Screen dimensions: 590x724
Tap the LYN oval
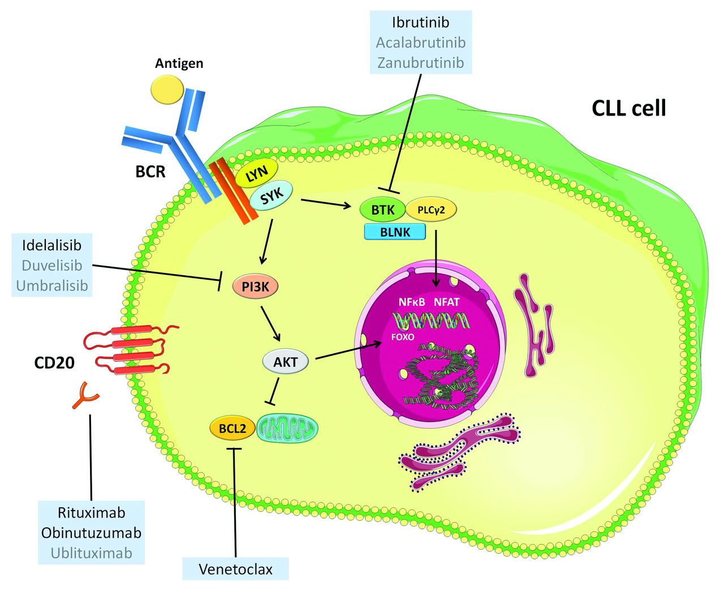pos(256,173)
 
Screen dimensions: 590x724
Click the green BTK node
pos(382,210)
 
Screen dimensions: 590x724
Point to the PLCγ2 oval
pos(431,210)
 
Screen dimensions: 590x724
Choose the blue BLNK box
pos(395,232)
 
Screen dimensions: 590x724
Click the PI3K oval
pos(256,287)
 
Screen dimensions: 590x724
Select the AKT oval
pos(286,362)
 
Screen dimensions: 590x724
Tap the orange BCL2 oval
pos(232,428)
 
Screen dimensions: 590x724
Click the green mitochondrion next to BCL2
pos(287,429)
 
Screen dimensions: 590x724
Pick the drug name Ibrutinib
pos(420,23)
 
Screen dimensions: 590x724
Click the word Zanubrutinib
pos(420,63)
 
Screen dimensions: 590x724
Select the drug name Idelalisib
pos(51,245)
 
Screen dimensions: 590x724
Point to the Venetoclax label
pos(235,569)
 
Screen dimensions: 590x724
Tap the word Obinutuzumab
pos(91,533)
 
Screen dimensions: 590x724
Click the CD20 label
pos(54,362)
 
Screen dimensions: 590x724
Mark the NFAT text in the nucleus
pos(446,302)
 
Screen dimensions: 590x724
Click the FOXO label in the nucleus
pos(403,337)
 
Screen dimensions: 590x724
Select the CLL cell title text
pos(628,108)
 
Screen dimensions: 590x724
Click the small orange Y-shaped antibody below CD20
pos(85,395)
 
